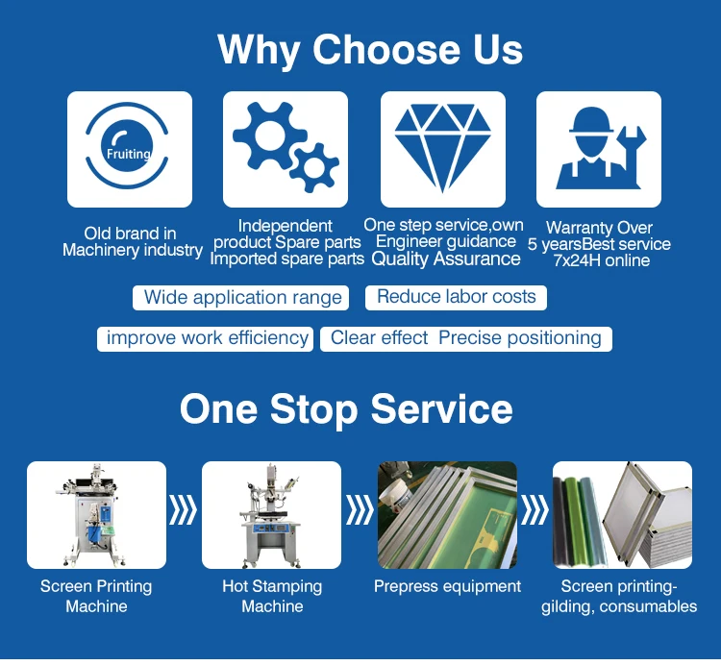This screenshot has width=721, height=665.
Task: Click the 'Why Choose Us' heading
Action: coord(370,49)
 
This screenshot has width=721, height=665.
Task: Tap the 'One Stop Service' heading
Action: coord(346,408)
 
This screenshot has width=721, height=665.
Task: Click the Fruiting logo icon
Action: coord(130,150)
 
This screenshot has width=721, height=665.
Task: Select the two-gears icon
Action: coord(286,150)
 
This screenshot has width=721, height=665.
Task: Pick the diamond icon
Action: coord(443,150)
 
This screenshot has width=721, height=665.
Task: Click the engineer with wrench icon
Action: coord(598,150)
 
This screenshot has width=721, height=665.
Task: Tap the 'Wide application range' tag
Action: coord(242,297)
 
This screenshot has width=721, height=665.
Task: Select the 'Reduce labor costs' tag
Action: coord(456,297)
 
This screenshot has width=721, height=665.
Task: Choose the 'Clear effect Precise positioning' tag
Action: coord(466,338)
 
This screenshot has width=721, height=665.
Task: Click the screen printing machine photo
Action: coord(96,515)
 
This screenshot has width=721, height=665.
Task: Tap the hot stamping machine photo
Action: coord(272,515)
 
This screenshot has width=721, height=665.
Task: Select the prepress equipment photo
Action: coord(447,515)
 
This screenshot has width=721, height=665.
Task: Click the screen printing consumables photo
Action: coord(622,515)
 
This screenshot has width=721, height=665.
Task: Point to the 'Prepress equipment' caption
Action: coord(447,586)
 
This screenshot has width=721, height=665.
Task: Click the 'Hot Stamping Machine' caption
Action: coord(272,596)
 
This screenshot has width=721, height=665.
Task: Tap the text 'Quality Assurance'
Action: coord(446,259)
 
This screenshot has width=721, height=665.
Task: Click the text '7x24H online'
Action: coord(601,260)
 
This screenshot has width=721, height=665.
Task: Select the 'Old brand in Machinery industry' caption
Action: coord(132,242)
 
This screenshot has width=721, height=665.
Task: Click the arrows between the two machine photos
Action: coord(184,511)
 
